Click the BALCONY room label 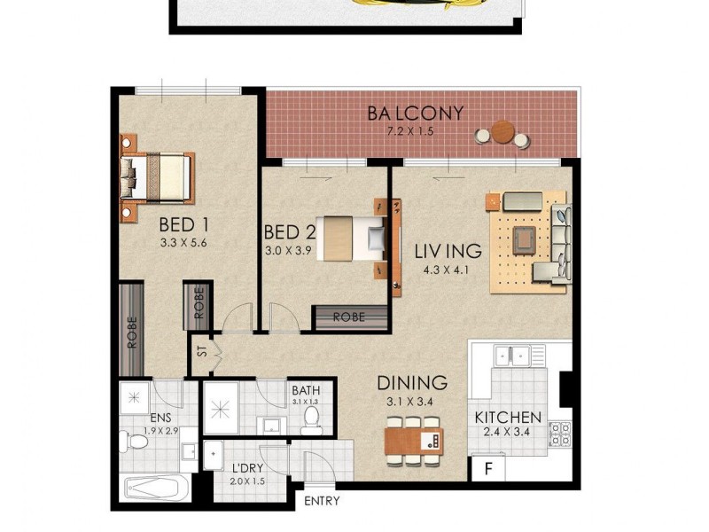[417, 113]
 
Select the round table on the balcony [503, 132]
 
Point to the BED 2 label [290, 232]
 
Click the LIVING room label [448, 251]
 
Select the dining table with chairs [413, 440]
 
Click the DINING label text [412, 383]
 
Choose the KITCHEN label [508, 417]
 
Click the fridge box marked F [487, 468]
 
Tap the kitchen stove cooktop [560, 434]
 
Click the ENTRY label [322, 501]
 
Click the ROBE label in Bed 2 [351, 317]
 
